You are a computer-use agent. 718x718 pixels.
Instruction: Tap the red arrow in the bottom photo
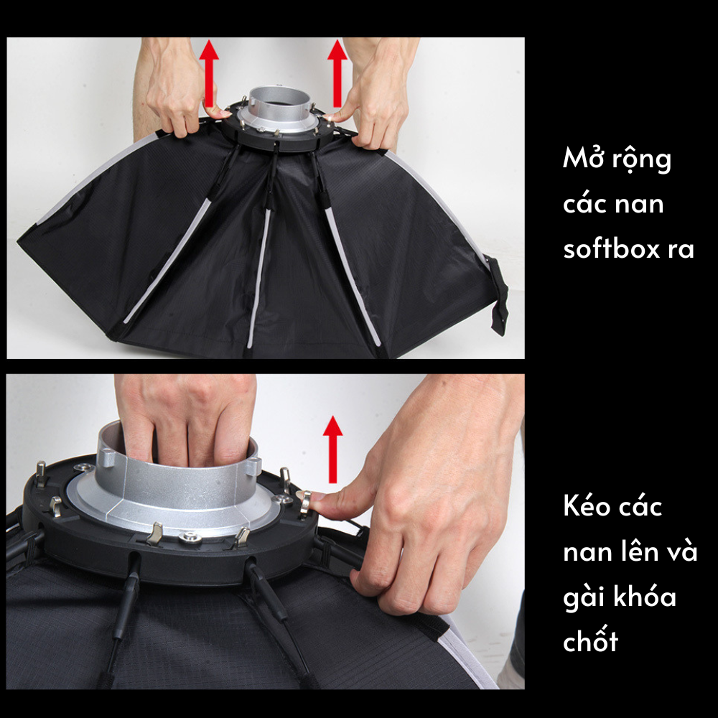pyautogui.click(x=332, y=449)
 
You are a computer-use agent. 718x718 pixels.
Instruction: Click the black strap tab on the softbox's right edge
pyautogui.click(x=497, y=294)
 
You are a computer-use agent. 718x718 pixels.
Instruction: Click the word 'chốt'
pyautogui.click(x=590, y=640)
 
